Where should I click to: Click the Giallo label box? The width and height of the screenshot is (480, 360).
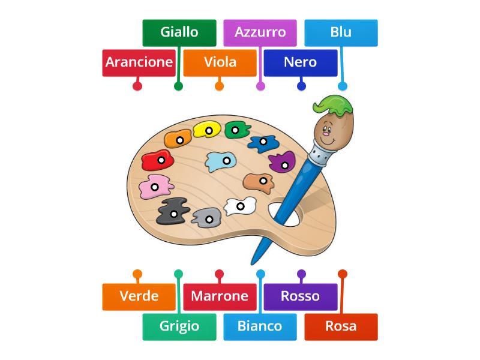[x=179, y=32]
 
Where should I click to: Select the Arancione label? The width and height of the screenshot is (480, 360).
[x=139, y=62]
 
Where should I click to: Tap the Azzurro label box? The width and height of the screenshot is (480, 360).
[x=260, y=32]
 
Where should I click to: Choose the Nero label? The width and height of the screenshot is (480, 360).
[x=301, y=62]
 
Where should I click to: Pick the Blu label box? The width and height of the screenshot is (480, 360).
[x=341, y=32]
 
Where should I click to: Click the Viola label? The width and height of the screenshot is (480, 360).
[x=220, y=62]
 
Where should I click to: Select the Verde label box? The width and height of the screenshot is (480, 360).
[x=139, y=296]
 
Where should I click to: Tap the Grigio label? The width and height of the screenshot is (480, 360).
[x=179, y=326]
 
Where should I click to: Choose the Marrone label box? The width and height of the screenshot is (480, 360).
[x=220, y=296]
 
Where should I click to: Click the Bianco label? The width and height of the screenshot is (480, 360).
[x=260, y=326]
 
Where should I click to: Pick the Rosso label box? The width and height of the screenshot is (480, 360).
[x=301, y=296]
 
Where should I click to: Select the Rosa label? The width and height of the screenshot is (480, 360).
[x=341, y=326]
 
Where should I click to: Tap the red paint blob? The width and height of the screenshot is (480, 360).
[x=157, y=160]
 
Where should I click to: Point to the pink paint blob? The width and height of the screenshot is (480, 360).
[x=154, y=188]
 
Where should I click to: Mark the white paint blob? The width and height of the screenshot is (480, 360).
[x=240, y=206]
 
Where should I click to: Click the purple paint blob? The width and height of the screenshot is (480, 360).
[x=282, y=161]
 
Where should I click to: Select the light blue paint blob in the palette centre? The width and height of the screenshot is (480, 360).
[x=220, y=160]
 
